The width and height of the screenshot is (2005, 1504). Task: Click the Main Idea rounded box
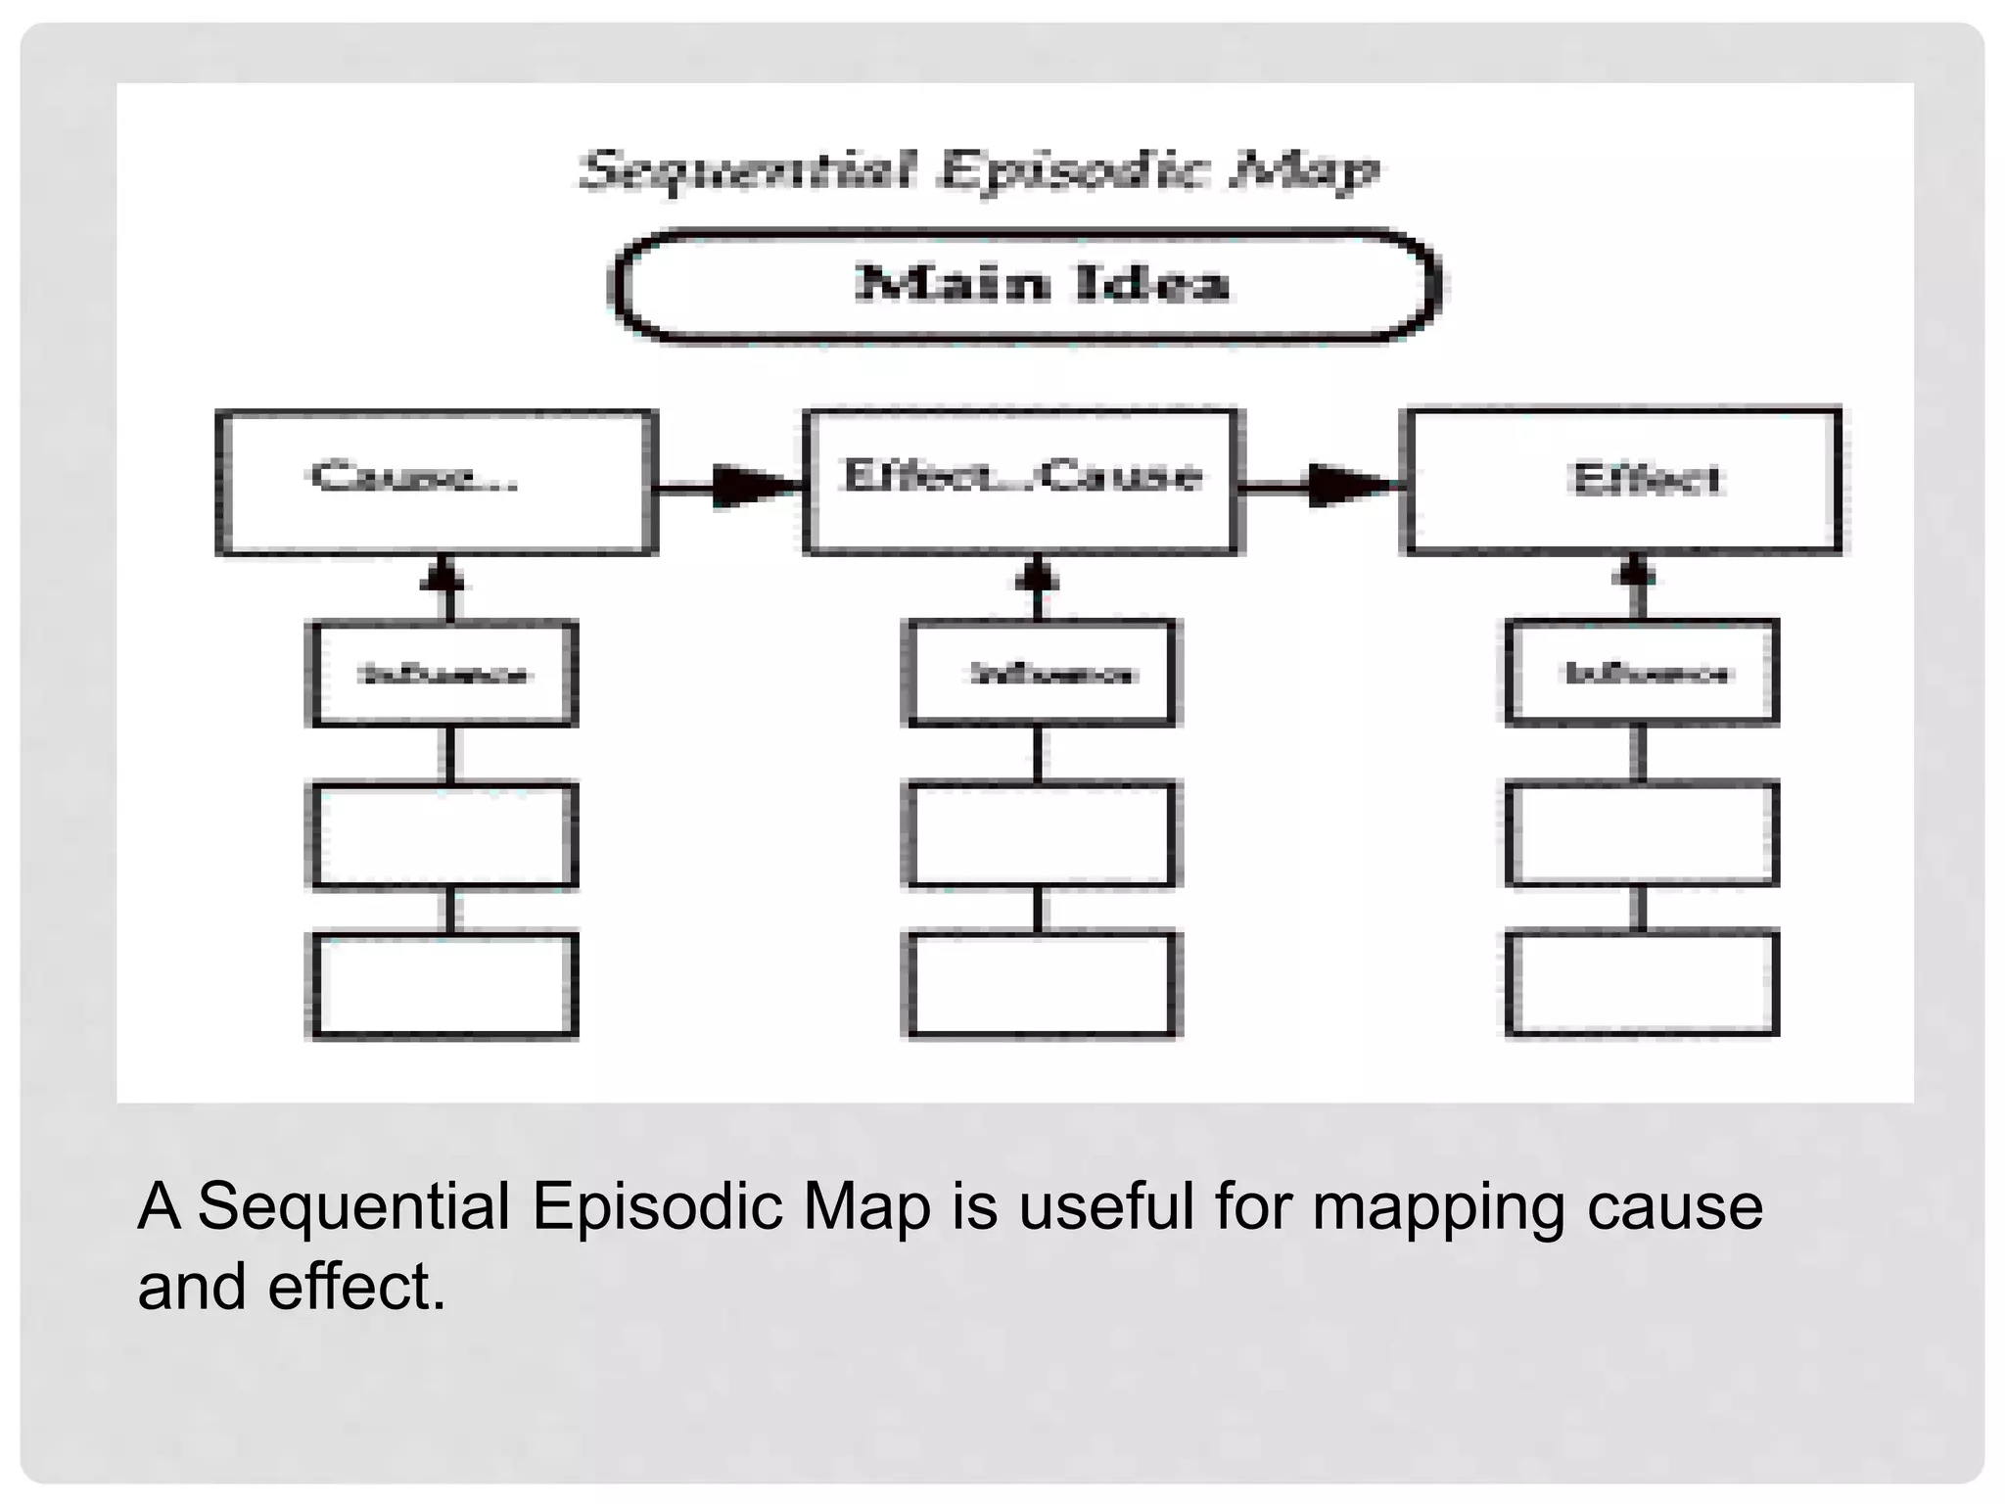point(1024,286)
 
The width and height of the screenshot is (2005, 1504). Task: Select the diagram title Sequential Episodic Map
point(979,170)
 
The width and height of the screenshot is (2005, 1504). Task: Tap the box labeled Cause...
point(437,483)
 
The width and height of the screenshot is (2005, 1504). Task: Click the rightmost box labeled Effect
point(1625,481)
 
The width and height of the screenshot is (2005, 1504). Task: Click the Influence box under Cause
point(443,674)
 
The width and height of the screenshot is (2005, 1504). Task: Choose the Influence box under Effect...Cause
point(1041,674)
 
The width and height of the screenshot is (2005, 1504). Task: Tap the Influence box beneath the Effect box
point(1642,673)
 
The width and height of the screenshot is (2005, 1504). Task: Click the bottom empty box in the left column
point(443,984)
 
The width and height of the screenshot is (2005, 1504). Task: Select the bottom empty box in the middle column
point(1041,984)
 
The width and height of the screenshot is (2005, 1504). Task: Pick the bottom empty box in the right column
point(1642,982)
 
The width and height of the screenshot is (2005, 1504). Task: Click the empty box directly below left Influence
point(443,835)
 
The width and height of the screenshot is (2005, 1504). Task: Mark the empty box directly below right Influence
point(1642,833)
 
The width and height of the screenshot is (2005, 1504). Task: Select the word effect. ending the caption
point(356,1286)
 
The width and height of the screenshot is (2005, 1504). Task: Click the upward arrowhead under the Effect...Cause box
point(1038,574)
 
